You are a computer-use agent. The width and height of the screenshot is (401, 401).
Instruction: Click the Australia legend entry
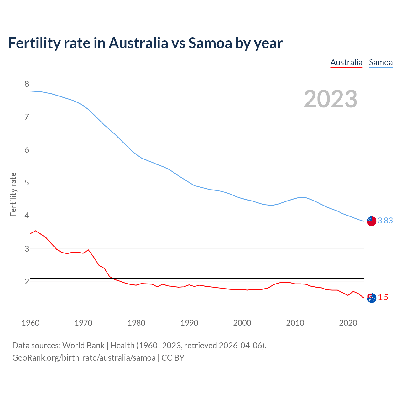[346, 62]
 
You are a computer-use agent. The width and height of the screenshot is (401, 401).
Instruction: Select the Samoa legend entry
[381, 62]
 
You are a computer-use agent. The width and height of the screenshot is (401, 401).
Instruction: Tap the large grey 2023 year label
[331, 99]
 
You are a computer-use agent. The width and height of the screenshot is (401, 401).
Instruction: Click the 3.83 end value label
[385, 221]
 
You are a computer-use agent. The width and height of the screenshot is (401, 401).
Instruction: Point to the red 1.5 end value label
[383, 298]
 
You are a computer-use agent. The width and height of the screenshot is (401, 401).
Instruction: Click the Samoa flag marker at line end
[372, 221]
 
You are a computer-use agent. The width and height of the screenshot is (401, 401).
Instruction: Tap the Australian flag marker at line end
[372, 298]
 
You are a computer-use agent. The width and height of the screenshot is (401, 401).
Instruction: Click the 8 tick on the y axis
[27, 84]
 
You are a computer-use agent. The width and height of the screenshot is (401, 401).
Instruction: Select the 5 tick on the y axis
[27, 183]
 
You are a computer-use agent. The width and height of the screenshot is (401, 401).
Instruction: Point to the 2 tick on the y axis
[27, 282]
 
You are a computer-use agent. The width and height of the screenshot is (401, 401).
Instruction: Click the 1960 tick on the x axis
[30, 323]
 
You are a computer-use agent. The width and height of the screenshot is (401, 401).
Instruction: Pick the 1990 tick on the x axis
[189, 323]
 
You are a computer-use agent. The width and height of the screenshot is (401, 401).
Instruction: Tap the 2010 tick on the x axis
[295, 323]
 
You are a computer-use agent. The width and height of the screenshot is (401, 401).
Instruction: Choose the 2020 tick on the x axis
[348, 323]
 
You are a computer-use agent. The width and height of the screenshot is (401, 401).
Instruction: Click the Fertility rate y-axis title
[13, 194]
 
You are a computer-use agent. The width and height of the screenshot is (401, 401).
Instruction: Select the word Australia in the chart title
[138, 43]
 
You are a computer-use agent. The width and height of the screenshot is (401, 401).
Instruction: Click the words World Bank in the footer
[83, 346]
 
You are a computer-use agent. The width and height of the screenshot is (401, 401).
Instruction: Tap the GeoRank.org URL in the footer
[84, 358]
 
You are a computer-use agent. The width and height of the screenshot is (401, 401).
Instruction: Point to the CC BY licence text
[173, 358]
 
